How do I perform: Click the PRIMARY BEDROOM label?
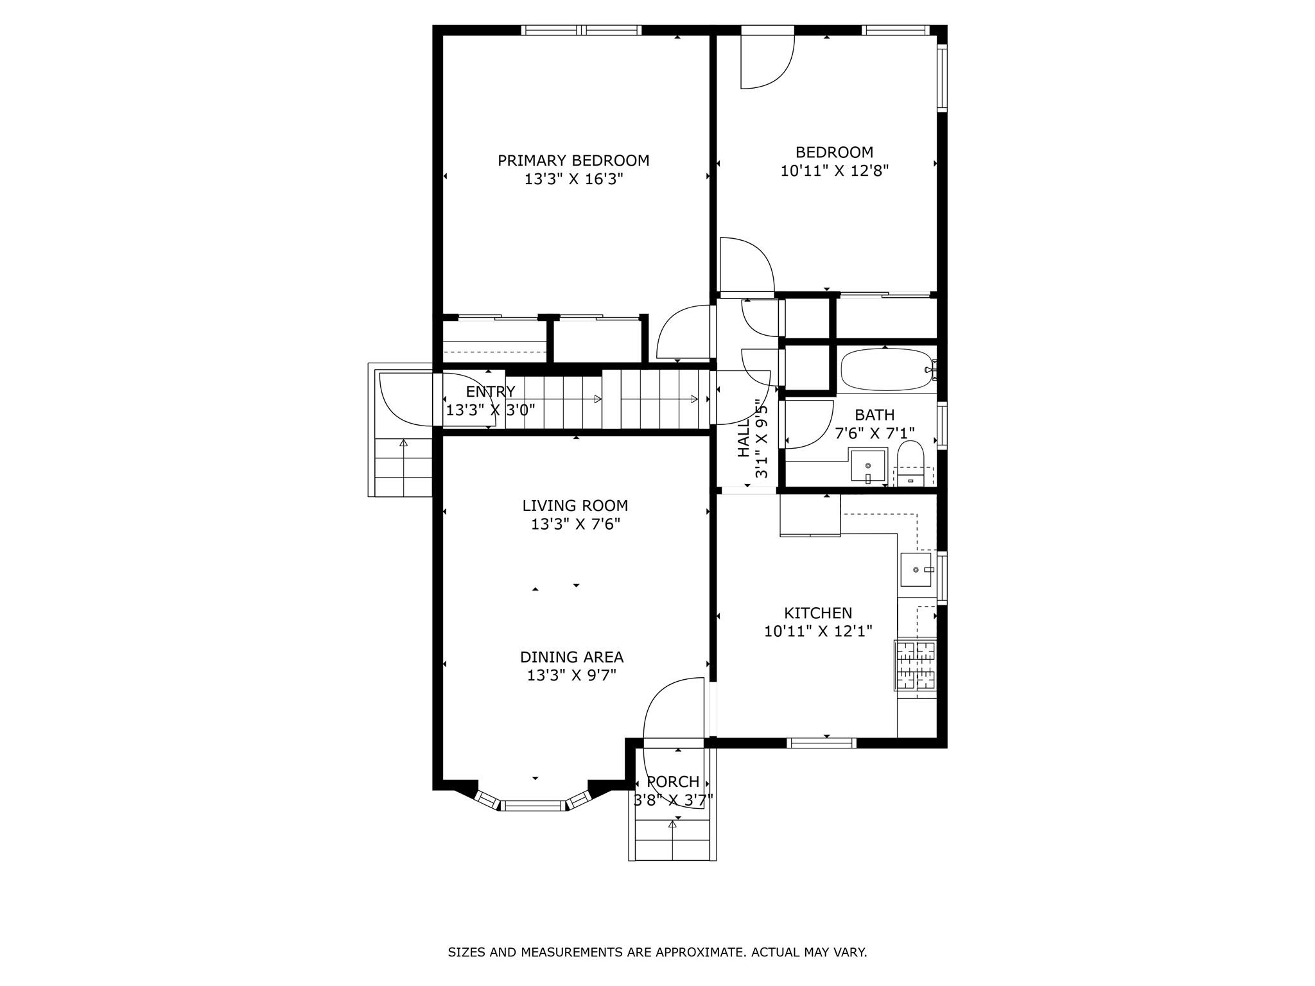tap(573, 160)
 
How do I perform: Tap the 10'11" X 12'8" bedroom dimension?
tap(834, 171)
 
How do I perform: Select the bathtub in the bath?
tap(885, 370)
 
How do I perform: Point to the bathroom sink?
tap(868, 465)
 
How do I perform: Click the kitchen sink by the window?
tap(916, 569)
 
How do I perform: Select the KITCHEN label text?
tap(817, 613)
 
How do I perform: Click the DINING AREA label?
tap(571, 657)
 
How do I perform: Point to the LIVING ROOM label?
tap(575, 506)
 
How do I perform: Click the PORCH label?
tap(672, 782)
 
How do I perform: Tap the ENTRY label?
tap(490, 392)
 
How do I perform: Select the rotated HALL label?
tap(744, 439)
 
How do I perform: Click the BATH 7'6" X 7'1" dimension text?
tap(874, 433)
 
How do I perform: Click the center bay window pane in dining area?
tap(534, 806)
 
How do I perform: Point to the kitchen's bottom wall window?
tap(821, 743)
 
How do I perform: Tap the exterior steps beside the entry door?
tap(403, 467)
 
